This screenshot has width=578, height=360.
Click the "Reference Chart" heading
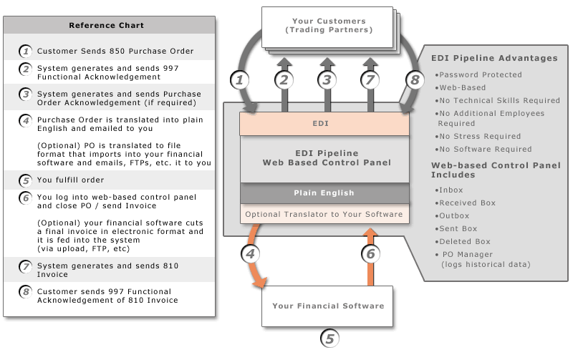click(106, 25)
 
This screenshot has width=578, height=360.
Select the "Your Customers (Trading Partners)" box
click(329, 26)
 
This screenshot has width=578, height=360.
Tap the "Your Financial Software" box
click(328, 306)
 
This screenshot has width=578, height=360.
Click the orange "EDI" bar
click(324, 124)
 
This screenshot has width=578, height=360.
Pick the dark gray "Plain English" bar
click(324, 193)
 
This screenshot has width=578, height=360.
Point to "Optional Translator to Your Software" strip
click(324, 214)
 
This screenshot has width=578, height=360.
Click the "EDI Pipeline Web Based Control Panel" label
click(324, 157)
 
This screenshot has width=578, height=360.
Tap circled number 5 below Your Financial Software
click(329, 339)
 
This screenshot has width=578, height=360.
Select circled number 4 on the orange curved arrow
click(251, 253)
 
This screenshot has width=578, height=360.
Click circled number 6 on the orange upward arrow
click(370, 253)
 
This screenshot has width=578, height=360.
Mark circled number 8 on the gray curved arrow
click(413, 79)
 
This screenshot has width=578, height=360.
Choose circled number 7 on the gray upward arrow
click(370, 79)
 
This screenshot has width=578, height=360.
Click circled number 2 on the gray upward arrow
click(284, 79)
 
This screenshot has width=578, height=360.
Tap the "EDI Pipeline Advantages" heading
click(493, 58)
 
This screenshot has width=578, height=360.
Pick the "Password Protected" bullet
click(480, 74)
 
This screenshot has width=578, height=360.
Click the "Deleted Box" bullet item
click(465, 241)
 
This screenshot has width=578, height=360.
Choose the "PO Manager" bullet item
click(468, 254)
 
